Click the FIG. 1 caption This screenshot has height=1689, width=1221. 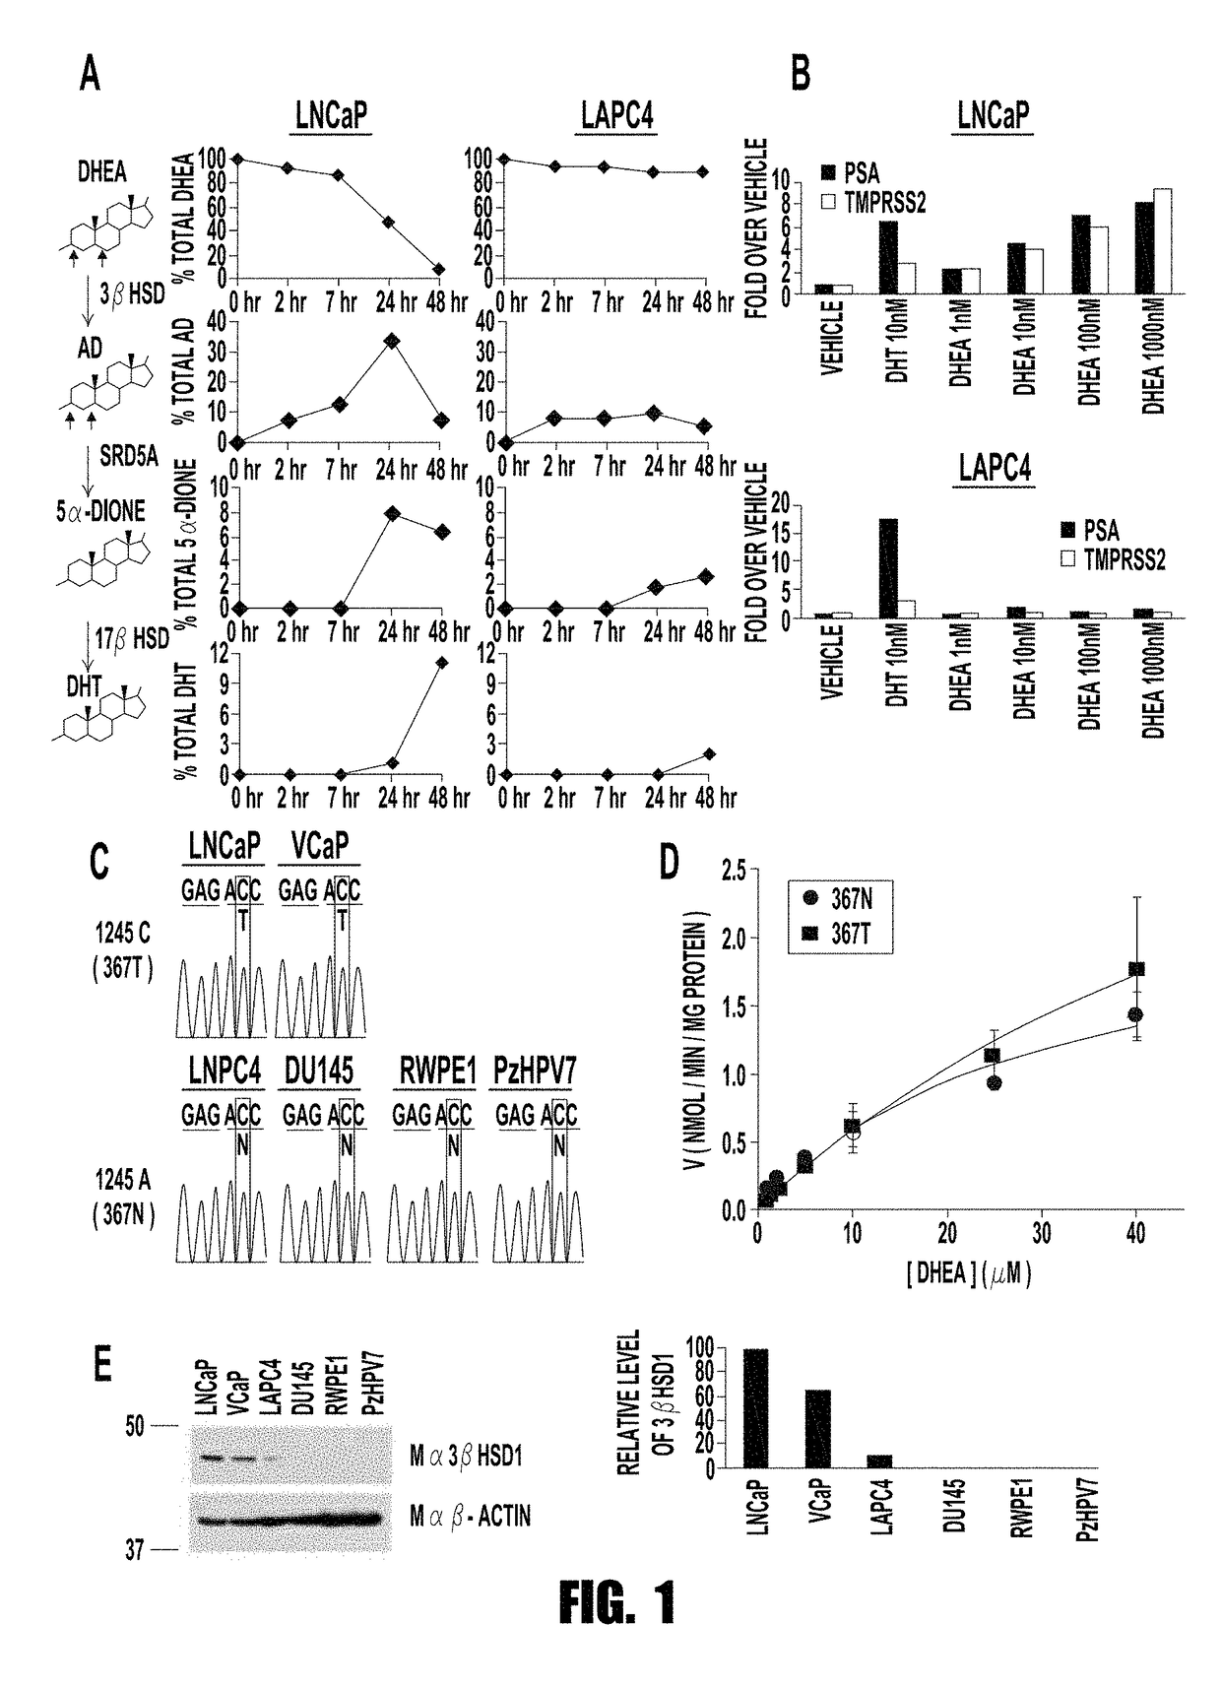pos(617,1602)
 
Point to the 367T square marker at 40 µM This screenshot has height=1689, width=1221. pos(1135,969)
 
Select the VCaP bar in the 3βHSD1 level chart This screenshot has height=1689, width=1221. pos(819,1429)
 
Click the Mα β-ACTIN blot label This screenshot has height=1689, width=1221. pos(470,1516)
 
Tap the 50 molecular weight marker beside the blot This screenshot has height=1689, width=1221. pos(135,1425)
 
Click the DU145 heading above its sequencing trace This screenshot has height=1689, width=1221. pos(319,1072)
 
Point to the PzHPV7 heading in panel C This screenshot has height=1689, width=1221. pos(534,1072)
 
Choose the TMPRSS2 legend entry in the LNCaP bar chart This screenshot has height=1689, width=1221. pos(873,202)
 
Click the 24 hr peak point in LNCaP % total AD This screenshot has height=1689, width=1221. pos(392,341)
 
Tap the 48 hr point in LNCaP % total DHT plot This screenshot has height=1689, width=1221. pos(442,662)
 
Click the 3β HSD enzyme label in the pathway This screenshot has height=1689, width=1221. pos(134,293)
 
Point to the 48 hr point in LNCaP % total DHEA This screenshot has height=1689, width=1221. pos(439,269)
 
